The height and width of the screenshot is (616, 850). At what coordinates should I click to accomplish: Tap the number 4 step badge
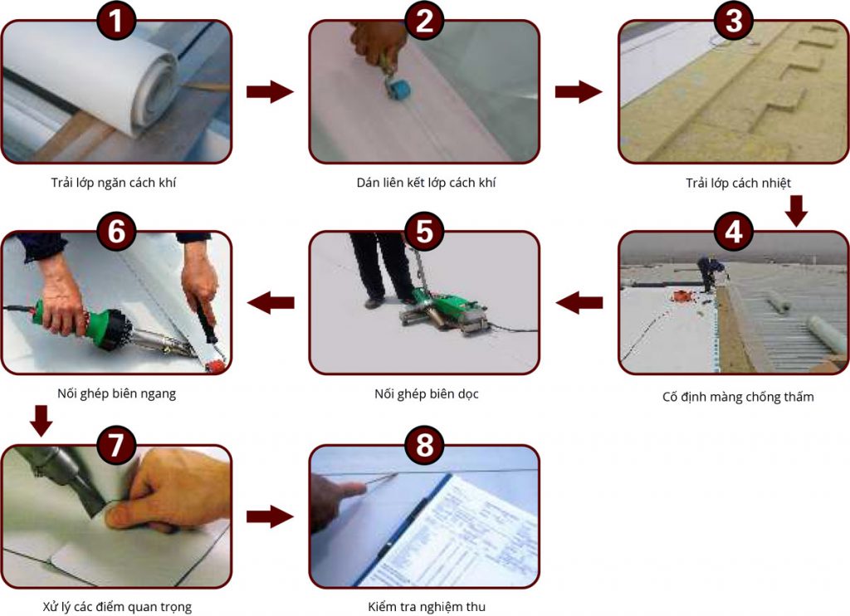pyautogui.click(x=734, y=232)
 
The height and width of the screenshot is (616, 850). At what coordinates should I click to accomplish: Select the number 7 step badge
pyautogui.click(x=115, y=445)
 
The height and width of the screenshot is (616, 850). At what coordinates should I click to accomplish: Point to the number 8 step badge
pyautogui.click(x=424, y=445)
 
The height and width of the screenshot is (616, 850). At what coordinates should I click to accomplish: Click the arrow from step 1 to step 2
pyautogui.click(x=270, y=91)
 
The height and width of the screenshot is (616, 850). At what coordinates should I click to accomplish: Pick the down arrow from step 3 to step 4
pyautogui.click(x=796, y=210)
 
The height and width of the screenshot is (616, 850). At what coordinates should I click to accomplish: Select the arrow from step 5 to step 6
pyautogui.click(x=271, y=302)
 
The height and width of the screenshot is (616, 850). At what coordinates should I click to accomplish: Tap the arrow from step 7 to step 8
pyautogui.click(x=270, y=516)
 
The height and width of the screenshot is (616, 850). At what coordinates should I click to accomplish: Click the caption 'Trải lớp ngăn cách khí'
pyautogui.click(x=113, y=183)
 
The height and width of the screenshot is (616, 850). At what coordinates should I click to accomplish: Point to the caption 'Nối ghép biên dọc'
pyautogui.click(x=427, y=394)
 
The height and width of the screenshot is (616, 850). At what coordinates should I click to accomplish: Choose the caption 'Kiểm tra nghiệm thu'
pyautogui.click(x=427, y=607)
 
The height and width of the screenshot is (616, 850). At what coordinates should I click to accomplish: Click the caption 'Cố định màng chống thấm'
pyautogui.click(x=738, y=397)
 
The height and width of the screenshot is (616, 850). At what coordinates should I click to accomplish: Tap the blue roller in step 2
pyautogui.click(x=398, y=88)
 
